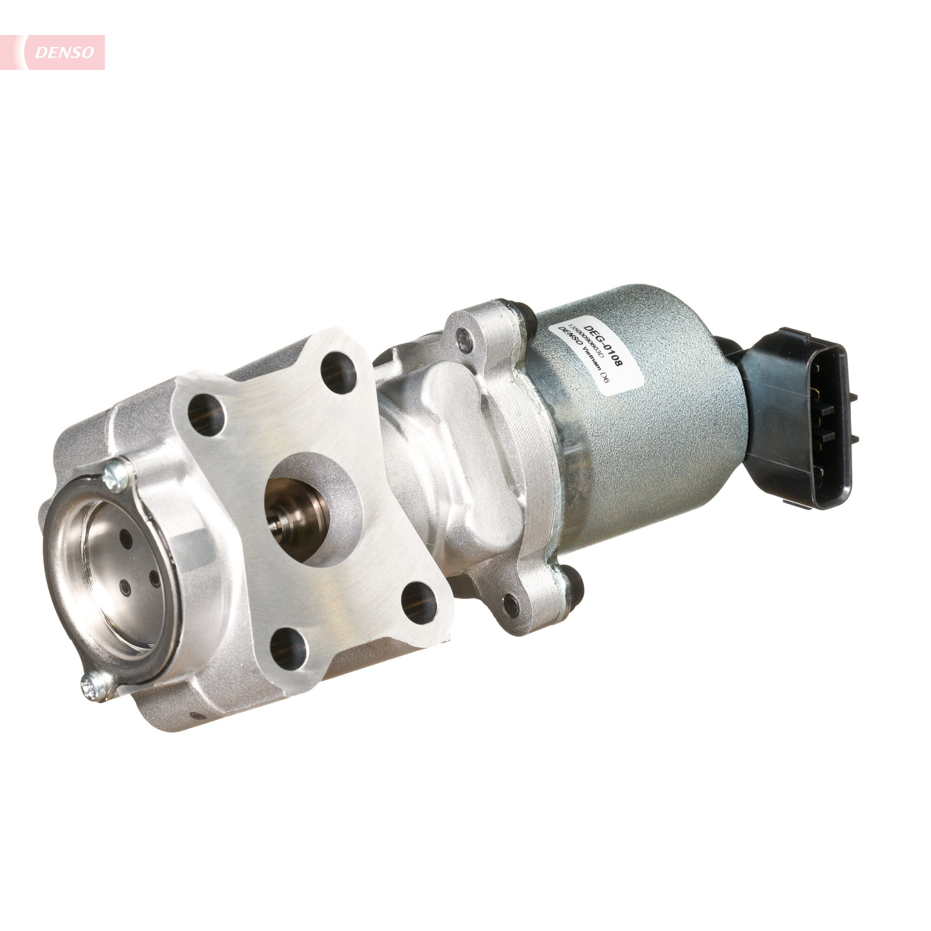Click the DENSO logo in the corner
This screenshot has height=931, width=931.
64,52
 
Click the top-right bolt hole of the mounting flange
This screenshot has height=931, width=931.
338,372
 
